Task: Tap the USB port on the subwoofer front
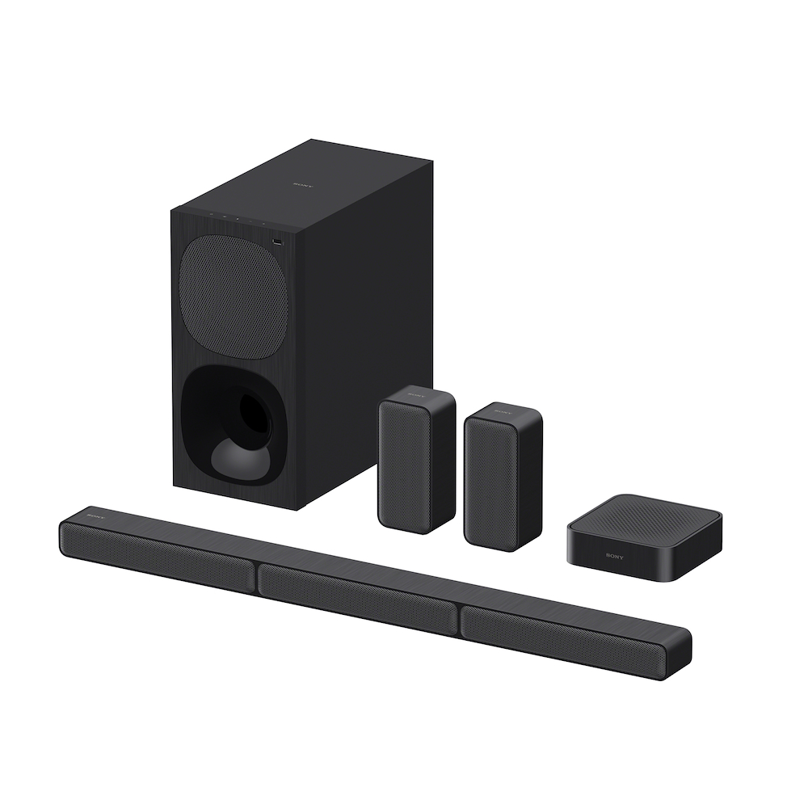[277, 241]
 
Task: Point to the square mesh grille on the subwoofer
[234, 295]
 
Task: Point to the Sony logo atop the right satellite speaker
[501, 410]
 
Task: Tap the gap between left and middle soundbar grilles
[256, 575]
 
